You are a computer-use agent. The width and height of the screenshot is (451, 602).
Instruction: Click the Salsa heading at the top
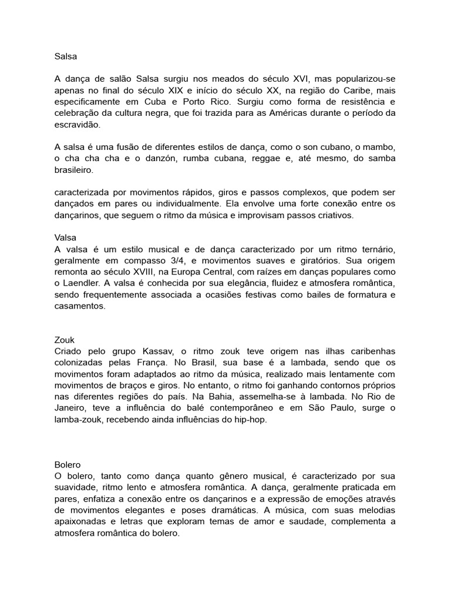(65, 57)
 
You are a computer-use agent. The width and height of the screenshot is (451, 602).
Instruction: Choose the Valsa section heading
(65, 238)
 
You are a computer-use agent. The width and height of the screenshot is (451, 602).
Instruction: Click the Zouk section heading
(64, 340)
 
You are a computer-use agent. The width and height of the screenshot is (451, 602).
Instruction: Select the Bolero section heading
(67, 464)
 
